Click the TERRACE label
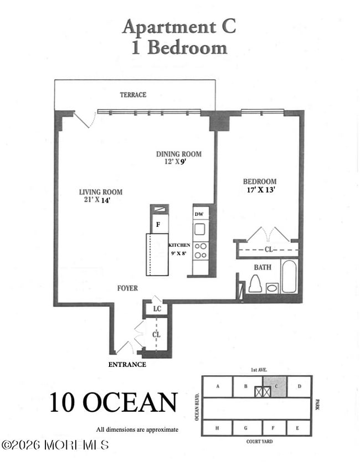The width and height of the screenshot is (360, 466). (x=133, y=95)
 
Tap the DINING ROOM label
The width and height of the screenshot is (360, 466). (x=178, y=154)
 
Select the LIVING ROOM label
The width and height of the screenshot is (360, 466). (x=100, y=192)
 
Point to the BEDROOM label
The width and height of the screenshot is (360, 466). (x=260, y=182)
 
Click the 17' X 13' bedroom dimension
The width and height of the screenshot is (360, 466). (x=261, y=190)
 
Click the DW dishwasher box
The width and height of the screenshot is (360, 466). (x=198, y=214)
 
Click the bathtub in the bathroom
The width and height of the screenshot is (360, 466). (x=289, y=276)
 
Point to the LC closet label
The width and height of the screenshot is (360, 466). (x=157, y=308)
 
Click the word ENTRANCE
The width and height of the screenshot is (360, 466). (x=127, y=364)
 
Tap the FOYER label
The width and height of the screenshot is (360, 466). (x=127, y=288)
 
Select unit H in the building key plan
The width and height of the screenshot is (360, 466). (x=217, y=428)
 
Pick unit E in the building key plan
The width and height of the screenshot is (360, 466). (x=298, y=428)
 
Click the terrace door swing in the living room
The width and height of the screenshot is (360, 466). (x=84, y=120)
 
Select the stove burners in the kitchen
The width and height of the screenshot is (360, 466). (x=200, y=251)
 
